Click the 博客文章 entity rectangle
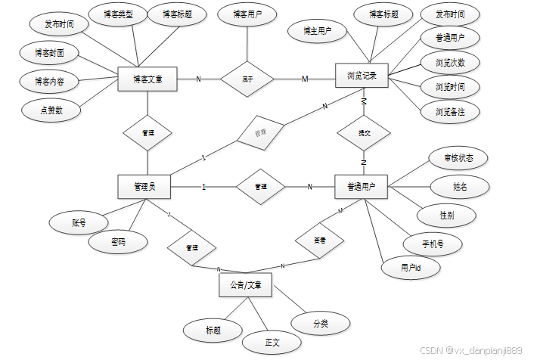[147, 79]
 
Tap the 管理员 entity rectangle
[144, 186]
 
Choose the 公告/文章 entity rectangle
[245, 286]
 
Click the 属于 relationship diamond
[246, 78]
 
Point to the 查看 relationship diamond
[319, 240]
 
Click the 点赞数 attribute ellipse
[51, 110]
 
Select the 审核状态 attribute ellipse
[456, 158]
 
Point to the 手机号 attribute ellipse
[432, 244]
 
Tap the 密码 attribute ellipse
[117, 243]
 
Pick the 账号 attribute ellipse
[78, 222]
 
